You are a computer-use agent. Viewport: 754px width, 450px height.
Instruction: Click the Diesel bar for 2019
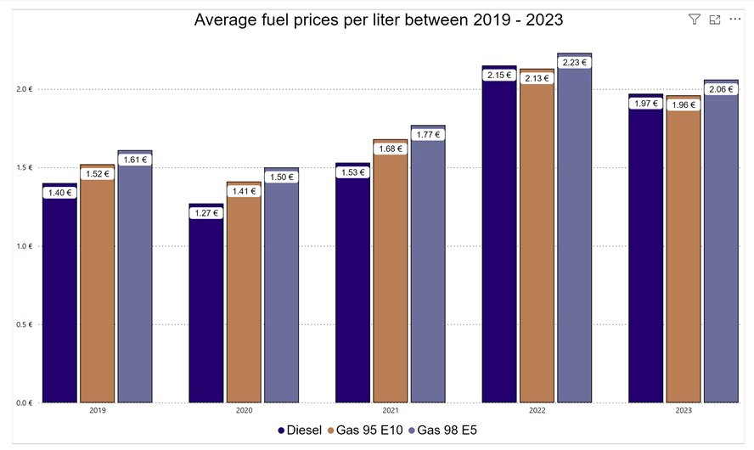59,297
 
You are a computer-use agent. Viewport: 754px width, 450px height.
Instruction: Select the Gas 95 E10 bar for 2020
244,297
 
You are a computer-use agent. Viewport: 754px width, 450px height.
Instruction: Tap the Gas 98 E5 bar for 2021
427,272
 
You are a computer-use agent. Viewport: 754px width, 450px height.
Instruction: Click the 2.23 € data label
574,62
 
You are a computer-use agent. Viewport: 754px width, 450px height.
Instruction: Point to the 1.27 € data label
206,213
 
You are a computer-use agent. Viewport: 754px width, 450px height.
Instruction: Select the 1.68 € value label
390,149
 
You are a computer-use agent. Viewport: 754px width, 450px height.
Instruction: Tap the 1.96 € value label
683,105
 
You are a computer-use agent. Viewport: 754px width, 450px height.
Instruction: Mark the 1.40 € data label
59,193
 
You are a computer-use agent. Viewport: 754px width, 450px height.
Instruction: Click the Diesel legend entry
300,430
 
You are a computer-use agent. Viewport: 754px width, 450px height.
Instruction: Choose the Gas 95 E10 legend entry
367,430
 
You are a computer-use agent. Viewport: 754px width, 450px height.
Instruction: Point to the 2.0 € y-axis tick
24,89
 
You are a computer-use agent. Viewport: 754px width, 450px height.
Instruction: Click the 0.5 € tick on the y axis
24,324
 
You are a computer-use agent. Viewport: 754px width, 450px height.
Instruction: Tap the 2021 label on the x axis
390,410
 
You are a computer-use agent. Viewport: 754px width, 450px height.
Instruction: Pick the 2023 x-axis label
683,410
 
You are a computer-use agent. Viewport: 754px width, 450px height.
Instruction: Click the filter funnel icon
694,19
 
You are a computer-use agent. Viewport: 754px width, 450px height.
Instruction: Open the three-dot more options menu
734,19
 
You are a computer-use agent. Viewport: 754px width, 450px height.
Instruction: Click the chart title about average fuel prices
378,19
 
